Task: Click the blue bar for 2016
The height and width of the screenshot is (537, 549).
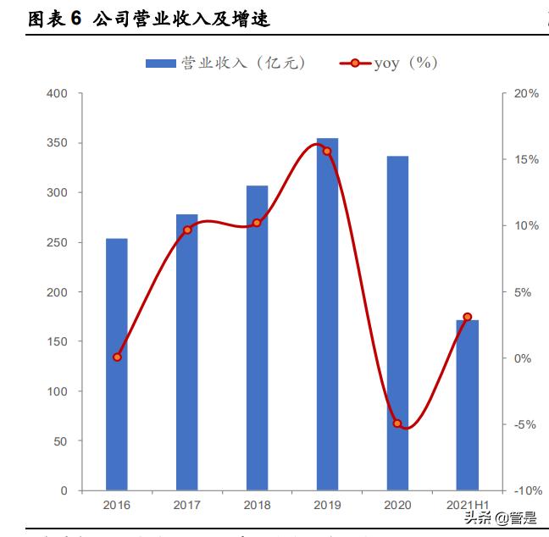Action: pos(117,364)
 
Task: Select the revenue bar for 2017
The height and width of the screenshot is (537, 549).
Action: pos(187,352)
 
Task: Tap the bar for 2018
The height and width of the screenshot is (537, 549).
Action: pos(258,339)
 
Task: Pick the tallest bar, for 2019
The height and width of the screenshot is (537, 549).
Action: pos(327,314)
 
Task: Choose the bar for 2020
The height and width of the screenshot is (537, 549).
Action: pos(397,323)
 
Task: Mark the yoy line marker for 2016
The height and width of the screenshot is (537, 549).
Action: pos(117,357)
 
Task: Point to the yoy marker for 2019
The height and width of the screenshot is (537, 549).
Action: pos(327,151)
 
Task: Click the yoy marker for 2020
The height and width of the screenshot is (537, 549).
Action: pos(397,424)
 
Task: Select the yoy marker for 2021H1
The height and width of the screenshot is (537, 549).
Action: pos(468,317)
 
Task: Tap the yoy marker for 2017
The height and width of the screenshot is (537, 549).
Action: pos(187,230)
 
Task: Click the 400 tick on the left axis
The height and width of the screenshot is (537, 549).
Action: pos(58,93)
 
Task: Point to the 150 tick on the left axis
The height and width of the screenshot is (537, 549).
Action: pos(58,342)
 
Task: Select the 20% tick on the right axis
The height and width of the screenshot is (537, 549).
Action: pos(526,93)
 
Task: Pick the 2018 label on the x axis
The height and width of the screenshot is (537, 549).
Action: pos(258,506)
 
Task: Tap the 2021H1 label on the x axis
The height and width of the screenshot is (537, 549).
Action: pos(468,506)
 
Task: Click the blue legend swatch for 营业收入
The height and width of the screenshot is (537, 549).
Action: pos(161,64)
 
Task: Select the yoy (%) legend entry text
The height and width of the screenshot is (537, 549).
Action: pos(406,64)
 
